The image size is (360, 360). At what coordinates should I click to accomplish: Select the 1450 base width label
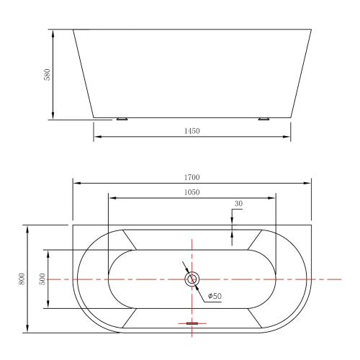point(192,131)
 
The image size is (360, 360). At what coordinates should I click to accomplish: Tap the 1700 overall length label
point(192,177)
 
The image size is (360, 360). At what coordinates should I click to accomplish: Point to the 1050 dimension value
point(192,192)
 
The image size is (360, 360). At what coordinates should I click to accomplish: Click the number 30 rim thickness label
point(238,204)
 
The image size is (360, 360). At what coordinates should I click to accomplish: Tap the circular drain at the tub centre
point(192,279)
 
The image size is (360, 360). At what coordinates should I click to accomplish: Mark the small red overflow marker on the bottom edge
point(192,324)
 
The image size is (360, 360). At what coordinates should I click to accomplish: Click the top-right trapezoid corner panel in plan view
point(254,240)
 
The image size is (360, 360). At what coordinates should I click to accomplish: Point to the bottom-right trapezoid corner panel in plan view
point(254,317)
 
